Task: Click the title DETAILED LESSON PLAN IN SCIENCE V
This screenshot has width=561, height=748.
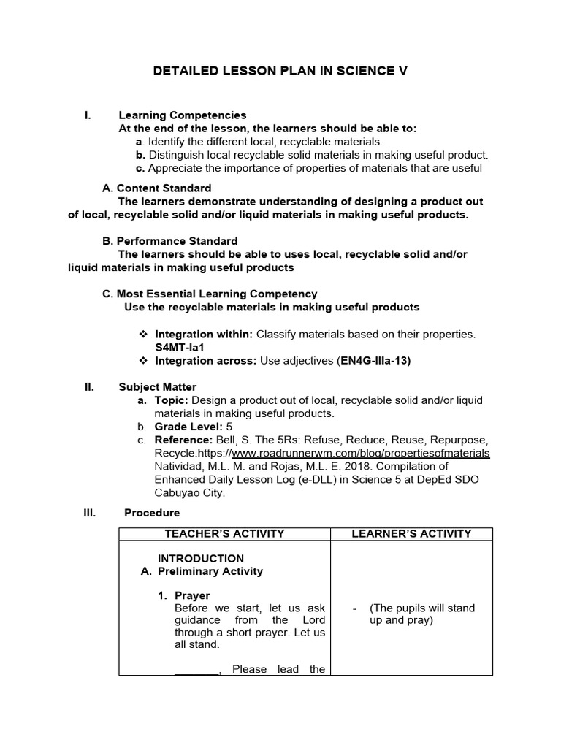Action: click(280, 71)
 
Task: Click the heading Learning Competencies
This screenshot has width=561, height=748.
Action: click(183, 115)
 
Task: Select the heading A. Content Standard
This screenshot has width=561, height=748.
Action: click(157, 188)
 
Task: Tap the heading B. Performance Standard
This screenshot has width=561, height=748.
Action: click(169, 241)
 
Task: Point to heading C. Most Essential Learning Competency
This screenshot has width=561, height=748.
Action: click(210, 294)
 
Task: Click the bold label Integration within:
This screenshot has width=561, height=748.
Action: click(204, 335)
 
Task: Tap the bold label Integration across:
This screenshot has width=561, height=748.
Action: click(204, 361)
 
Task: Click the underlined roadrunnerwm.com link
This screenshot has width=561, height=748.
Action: click(361, 453)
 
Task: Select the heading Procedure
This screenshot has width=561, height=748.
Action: click(152, 513)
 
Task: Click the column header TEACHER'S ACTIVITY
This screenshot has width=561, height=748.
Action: click(224, 534)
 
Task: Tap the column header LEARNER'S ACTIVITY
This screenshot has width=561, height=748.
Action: click(411, 534)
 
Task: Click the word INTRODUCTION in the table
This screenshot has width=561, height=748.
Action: click(201, 559)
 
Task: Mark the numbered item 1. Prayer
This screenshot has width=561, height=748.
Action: click(184, 595)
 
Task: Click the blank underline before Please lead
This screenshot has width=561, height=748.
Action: click(196, 669)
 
